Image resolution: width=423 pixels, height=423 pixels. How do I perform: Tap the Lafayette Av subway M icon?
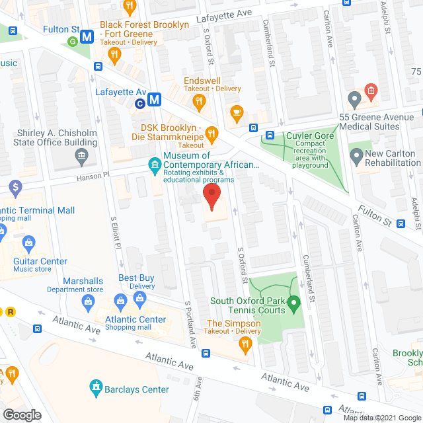(x=155, y=100)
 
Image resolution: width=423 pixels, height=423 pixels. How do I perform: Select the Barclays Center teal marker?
(x=96, y=385)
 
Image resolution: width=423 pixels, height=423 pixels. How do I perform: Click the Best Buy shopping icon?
(x=139, y=299)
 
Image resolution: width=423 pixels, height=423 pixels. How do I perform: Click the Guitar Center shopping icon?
(x=29, y=244)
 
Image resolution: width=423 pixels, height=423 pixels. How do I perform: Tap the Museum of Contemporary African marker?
(x=153, y=162)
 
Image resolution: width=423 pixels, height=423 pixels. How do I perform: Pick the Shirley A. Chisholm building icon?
(x=81, y=157)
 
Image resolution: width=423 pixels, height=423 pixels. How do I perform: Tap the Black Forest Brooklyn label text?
(x=144, y=24)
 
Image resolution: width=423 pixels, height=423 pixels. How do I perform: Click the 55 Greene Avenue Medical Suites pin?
(x=354, y=100)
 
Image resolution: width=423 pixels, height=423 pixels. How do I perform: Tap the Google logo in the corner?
(x=21, y=414)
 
